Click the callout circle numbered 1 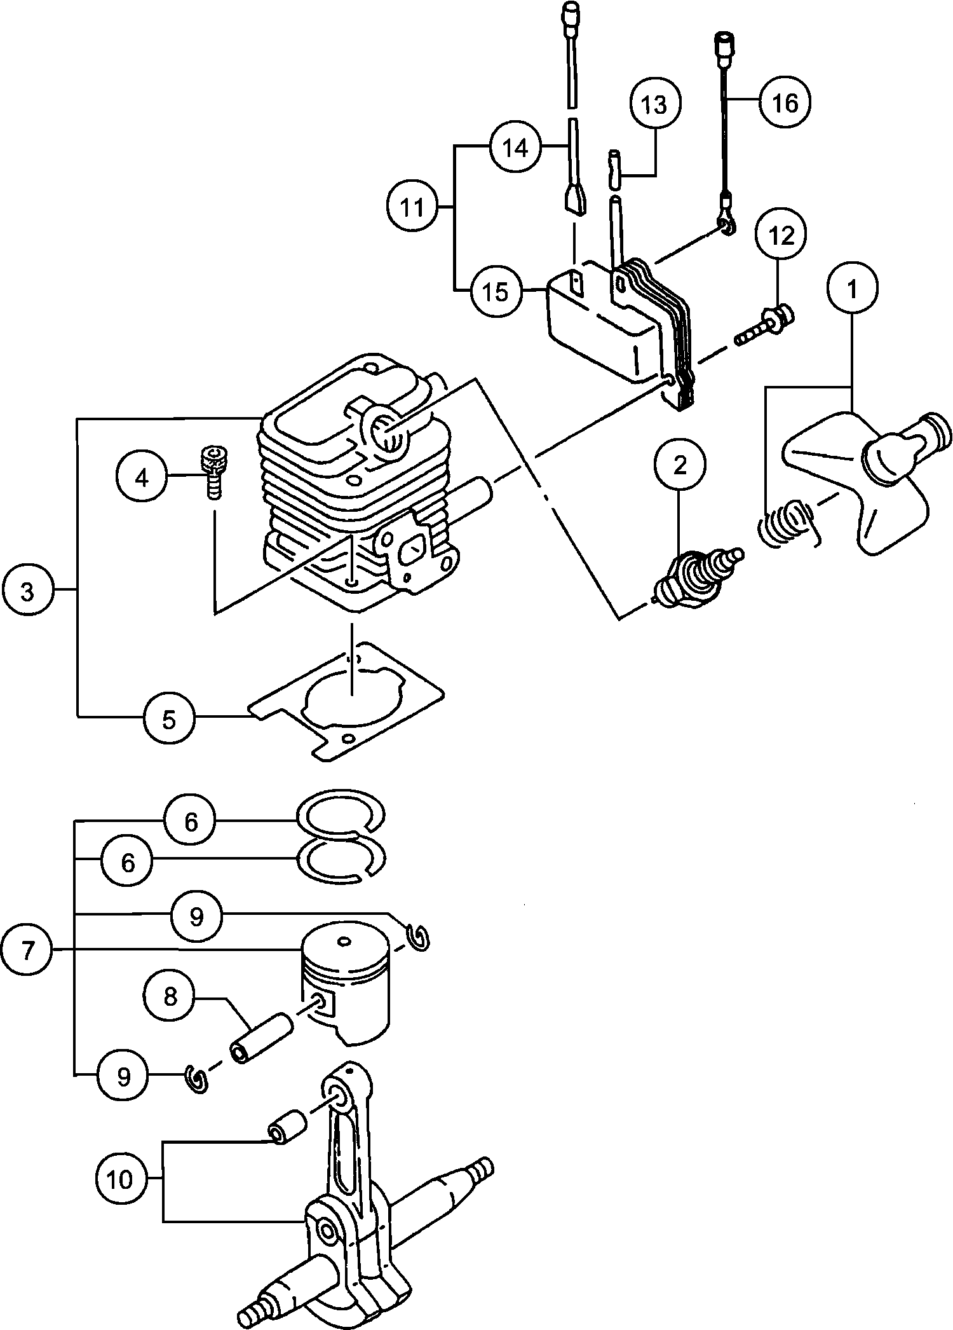(853, 289)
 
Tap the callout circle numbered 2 (680, 465)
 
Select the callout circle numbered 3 (27, 591)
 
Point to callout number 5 (169, 719)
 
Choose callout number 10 (120, 1180)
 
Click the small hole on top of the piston (344, 939)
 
